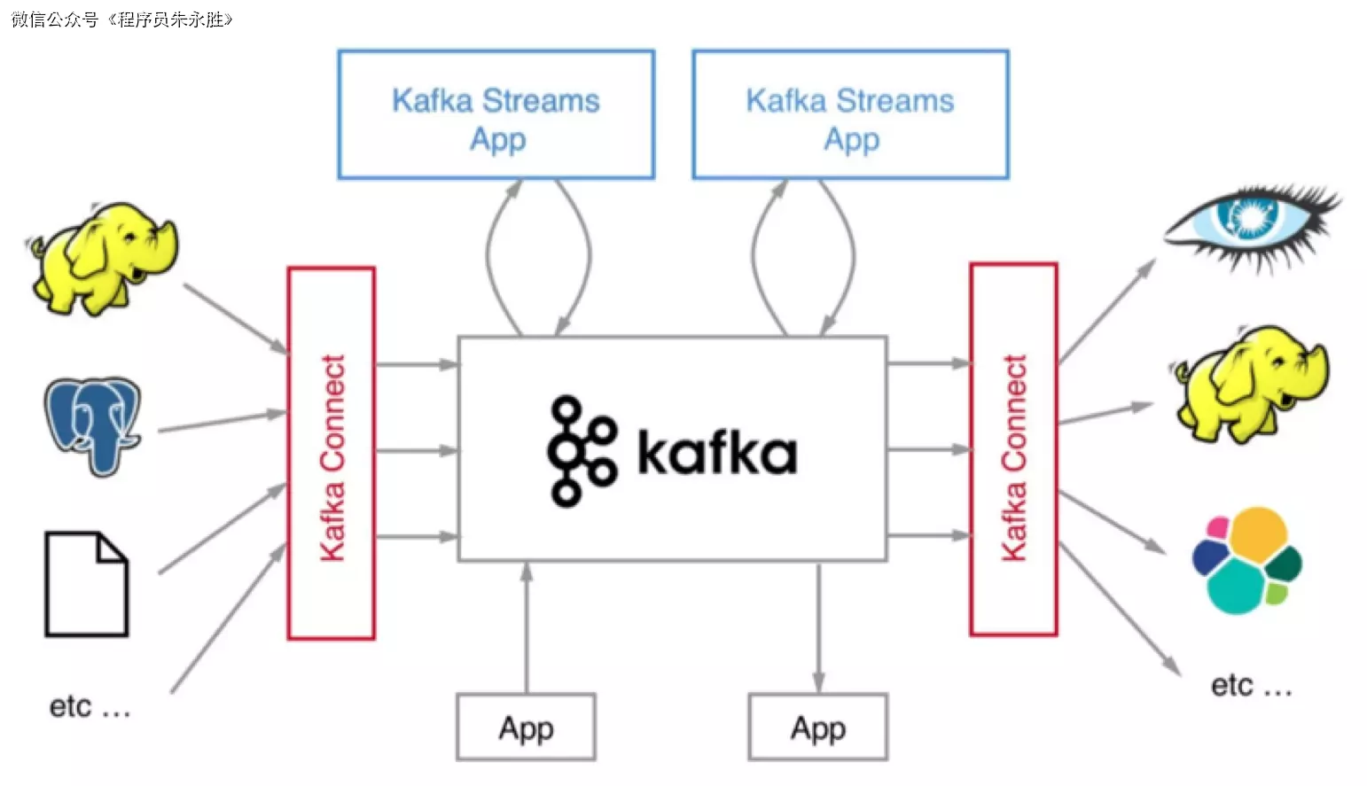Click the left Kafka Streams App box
[x=496, y=115]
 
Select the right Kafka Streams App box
[x=850, y=115]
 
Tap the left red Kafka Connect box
[x=332, y=454]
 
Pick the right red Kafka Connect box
[x=1013, y=450]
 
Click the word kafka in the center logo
[x=716, y=454]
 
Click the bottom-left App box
[x=526, y=728]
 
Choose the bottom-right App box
[x=817, y=728]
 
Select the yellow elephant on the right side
[x=1252, y=382]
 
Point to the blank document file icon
[x=87, y=585]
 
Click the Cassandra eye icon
[x=1253, y=223]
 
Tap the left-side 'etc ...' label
[x=90, y=707]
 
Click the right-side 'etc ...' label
[x=1251, y=686]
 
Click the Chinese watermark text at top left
[x=122, y=19]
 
